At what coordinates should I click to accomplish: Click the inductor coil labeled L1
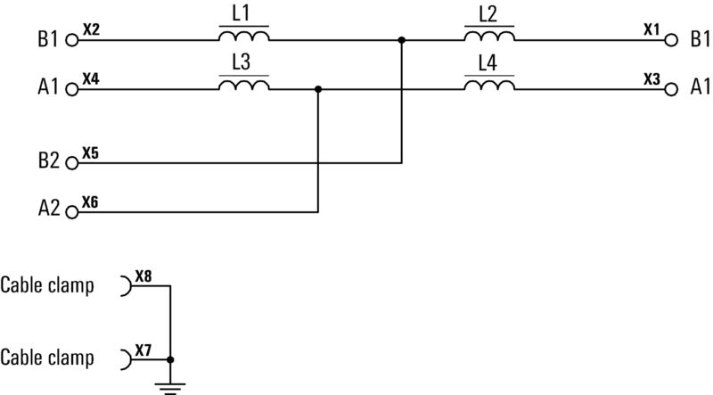[244, 37]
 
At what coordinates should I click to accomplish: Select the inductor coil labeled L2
[489, 37]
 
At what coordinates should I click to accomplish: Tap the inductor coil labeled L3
[244, 85]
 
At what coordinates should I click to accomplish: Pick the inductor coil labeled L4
[489, 85]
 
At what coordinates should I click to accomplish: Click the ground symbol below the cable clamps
[171, 386]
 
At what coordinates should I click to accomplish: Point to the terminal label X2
[91, 29]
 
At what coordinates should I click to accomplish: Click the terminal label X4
[91, 79]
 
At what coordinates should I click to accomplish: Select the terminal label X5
[91, 153]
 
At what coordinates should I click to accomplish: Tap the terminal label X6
[91, 202]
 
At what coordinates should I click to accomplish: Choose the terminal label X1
[652, 29]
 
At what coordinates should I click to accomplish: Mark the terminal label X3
[652, 79]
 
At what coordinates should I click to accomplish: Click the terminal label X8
[143, 276]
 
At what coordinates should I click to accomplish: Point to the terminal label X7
[143, 349]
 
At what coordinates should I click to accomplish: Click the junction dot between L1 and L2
[402, 40]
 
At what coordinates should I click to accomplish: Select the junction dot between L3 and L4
[318, 88]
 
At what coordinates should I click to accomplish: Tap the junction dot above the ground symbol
[171, 359]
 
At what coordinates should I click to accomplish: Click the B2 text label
[48, 163]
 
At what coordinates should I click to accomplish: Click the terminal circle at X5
[72, 163]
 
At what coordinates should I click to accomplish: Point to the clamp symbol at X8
[126, 285]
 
